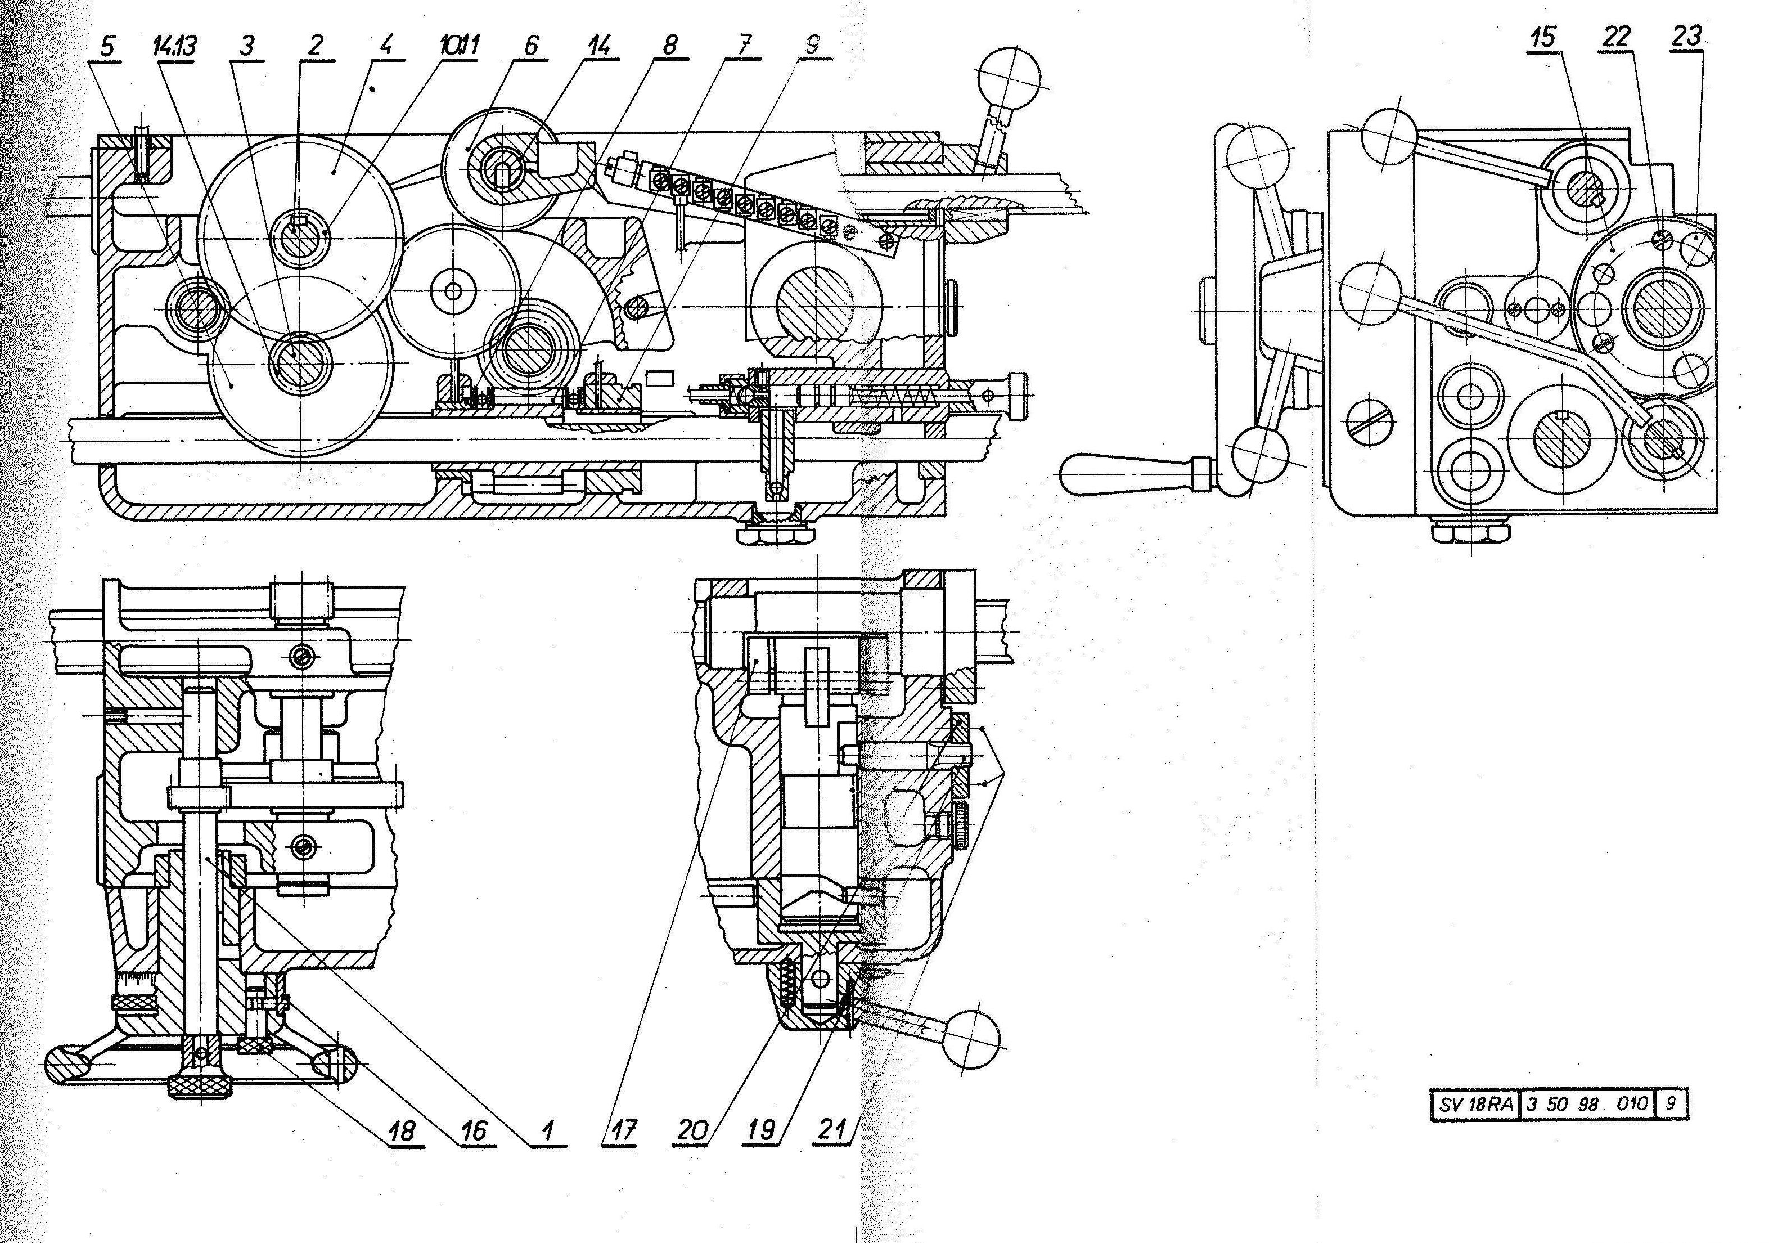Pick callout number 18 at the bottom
(x=403, y=1130)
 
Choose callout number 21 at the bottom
(x=833, y=1130)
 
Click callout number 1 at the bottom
(x=548, y=1130)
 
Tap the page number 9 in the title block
(x=1671, y=1103)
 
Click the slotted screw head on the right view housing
(x=1371, y=421)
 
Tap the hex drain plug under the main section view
(x=778, y=532)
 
